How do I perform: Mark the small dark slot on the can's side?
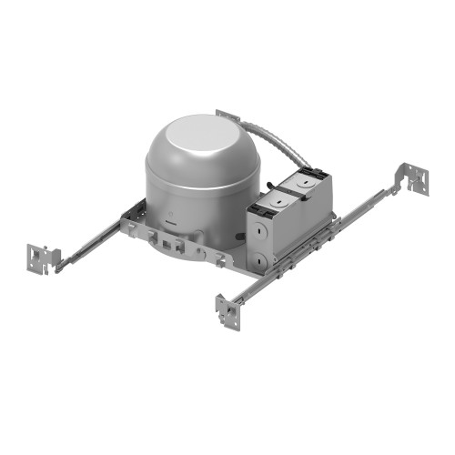tap(172, 217)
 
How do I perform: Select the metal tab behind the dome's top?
tap(227, 116)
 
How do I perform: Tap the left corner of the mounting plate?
tap(127, 223)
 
